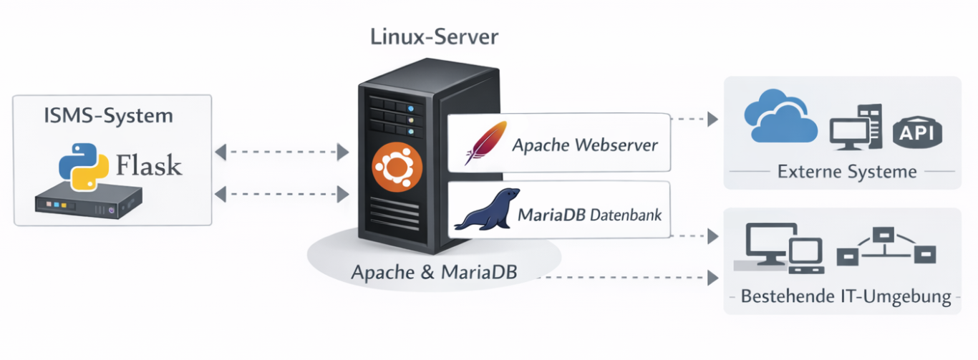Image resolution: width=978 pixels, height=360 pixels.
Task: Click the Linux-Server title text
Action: pos(434,37)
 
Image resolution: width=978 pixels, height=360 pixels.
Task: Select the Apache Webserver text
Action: pos(585,146)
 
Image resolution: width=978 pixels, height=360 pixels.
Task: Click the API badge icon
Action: pos(918,132)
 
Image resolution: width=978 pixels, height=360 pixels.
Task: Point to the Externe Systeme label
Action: pos(847,172)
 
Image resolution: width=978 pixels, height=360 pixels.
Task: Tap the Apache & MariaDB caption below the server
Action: pos(434,272)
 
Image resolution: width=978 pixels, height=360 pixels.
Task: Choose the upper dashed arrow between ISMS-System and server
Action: pos(281,152)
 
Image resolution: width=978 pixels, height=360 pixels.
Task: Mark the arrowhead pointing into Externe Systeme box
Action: pos(712,120)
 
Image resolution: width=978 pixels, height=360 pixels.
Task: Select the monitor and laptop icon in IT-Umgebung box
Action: pos(781,248)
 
